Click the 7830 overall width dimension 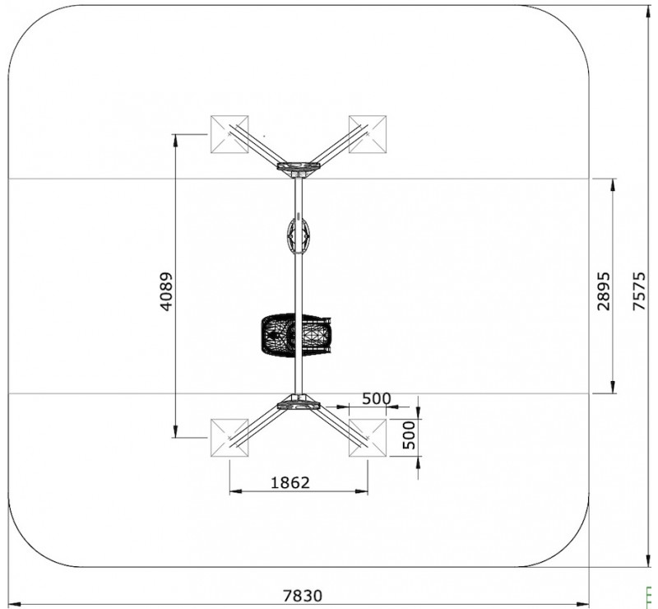pyautogui.click(x=303, y=596)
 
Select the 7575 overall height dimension pyautogui.click(x=639, y=291)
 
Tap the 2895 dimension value pyautogui.click(x=604, y=291)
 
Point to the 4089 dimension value pyautogui.click(x=166, y=291)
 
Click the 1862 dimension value pyautogui.click(x=290, y=482)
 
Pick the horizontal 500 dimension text pyautogui.click(x=377, y=398)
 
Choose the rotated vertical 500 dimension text pyautogui.click(x=409, y=435)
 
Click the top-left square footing pyautogui.click(x=229, y=134)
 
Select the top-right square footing pyautogui.click(x=368, y=134)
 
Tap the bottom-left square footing pyautogui.click(x=229, y=438)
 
